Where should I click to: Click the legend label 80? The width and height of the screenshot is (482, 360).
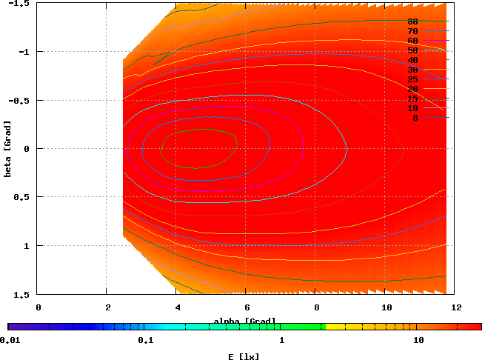click(x=412, y=21)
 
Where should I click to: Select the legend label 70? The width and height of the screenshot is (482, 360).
click(x=412, y=31)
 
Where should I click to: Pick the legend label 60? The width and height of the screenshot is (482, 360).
click(x=412, y=41)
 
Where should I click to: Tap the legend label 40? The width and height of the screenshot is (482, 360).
click(x=412, y=60)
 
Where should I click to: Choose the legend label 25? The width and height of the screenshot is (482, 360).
click(x=412, y=79)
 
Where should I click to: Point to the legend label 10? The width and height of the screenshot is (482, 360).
click(x=412, y=108)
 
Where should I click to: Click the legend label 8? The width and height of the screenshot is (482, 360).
click(x=415, y=118)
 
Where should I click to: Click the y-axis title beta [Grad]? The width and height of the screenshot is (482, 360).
click(x=7, y=147)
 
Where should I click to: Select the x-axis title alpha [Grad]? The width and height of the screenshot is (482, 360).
click(x=244, y=321)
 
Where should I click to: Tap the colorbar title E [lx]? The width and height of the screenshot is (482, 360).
click(x=244, y=356)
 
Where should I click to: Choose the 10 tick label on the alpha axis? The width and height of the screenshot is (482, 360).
click(x=386, y=306)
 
